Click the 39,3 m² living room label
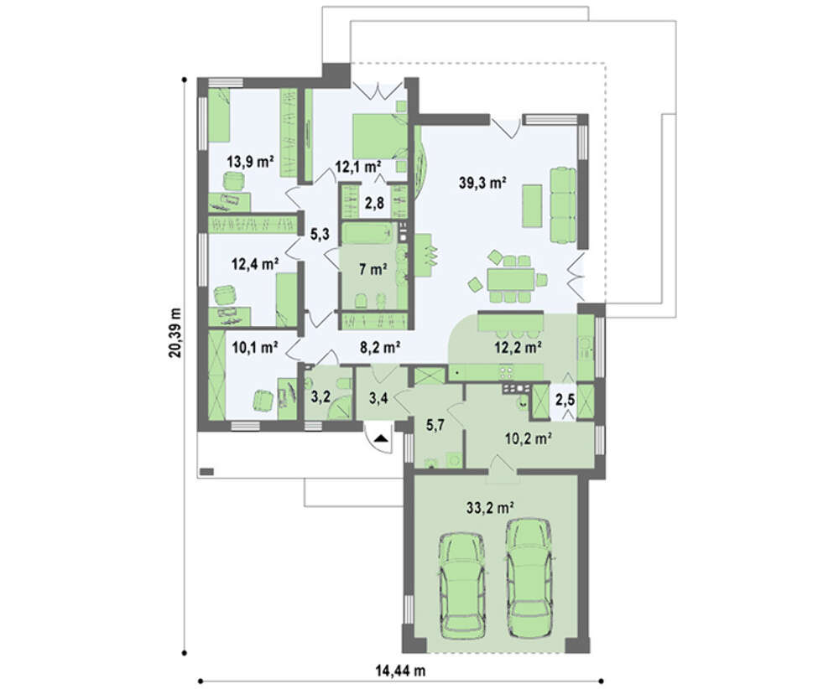[x=482, y=183]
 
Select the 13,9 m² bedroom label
[x=250, y=162]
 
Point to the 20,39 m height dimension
[x=175, y=333]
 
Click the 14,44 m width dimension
[x=399, y=671]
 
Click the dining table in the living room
[x=510, y=279]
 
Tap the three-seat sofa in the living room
[x=564, y=205]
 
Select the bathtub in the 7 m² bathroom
[x=367, y=234]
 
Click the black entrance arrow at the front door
[x=380, y=439]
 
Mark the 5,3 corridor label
[x=320, y=234]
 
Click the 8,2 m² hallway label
[x=380, y=348]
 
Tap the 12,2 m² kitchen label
[x=518, y=348]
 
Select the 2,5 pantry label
[x=565, y=400]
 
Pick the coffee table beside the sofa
[x=532, y=207]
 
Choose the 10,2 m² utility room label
[x=529, y=439]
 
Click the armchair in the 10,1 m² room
[x=263, y=401]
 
